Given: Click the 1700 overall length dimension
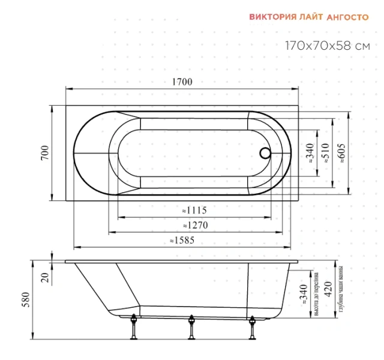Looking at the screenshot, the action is pyautogui.click(x=182, y=82).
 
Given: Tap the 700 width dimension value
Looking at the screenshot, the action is pyautogui.click(x=45, y=152).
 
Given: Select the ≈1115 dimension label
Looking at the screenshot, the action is pyautogui.click(x=194, y=211).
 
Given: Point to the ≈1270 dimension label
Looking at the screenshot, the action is pyautogui.click(x=196, y=226).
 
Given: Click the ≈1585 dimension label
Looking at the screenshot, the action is pyautogui.click(x=182, y=240).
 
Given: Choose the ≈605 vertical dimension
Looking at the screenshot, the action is pyautogui.click(x=341, y=154).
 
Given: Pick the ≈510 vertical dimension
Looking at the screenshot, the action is pyautogui.click(x=325, y=154).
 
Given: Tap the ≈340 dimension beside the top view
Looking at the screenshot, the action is pyautogui.click(x=310, y=154).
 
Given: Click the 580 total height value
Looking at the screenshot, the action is pyautogui.click(x=25, y=300).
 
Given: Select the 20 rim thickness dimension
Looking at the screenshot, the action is pyautogui.click(x=45, y=278).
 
